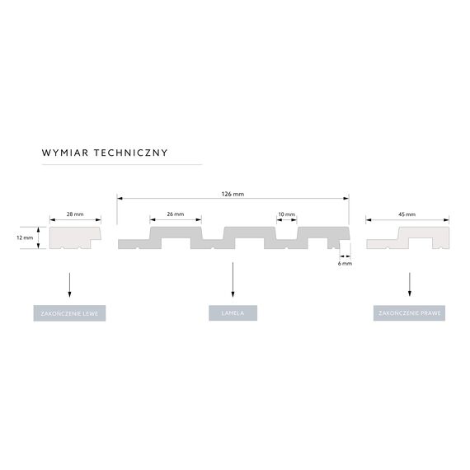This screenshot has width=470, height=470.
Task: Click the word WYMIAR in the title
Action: point(65,153)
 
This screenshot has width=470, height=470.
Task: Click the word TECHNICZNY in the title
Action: point(130,153)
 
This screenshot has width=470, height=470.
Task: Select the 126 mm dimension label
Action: point(233,195)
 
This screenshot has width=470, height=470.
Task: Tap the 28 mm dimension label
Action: point(75,214)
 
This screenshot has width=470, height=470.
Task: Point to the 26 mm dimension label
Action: point(176,214)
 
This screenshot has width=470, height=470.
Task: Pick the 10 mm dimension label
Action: point(287,214)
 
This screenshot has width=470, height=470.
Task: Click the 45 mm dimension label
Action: point(407,214)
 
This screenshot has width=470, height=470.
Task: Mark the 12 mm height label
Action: point(25,237)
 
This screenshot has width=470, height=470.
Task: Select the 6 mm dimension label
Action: point(345,264)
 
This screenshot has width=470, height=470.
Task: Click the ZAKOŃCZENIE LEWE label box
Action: point(69,313)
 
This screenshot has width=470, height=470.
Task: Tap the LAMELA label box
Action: point(233,313)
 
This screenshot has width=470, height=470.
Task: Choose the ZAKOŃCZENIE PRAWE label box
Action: point(409,313)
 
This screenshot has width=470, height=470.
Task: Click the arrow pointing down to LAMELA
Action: point(233,280)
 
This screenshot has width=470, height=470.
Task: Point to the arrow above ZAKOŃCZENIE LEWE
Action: point(69,284)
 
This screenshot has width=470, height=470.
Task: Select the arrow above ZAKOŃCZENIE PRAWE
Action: point(410,284)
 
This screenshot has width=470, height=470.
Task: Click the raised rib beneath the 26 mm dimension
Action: point(176,233)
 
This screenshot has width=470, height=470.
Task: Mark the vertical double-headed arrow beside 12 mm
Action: point(38,237)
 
